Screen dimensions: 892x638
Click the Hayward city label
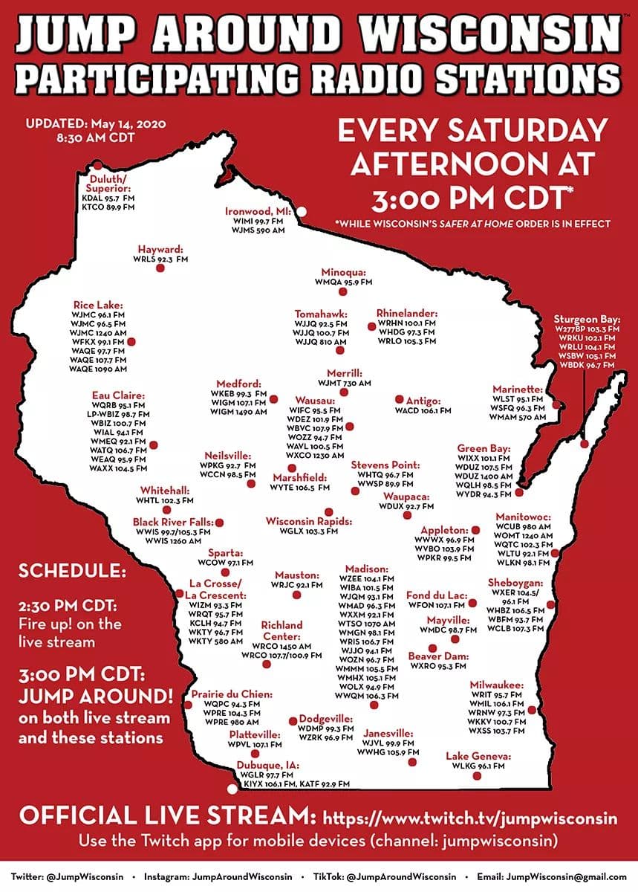pos(160,249)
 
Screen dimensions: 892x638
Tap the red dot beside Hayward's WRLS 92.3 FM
pos(160,269)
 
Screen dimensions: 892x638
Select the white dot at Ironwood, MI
pos(302,212)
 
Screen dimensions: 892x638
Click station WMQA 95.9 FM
pos(343,283)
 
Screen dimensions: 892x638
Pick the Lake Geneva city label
pos(478,756)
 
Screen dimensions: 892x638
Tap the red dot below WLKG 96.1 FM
pos(476,775)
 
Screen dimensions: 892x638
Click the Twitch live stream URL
pos(469,818)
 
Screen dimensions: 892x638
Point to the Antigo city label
pos(423,401)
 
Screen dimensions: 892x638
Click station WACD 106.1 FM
pos(423,410)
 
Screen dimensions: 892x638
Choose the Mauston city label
pos(297,575)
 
